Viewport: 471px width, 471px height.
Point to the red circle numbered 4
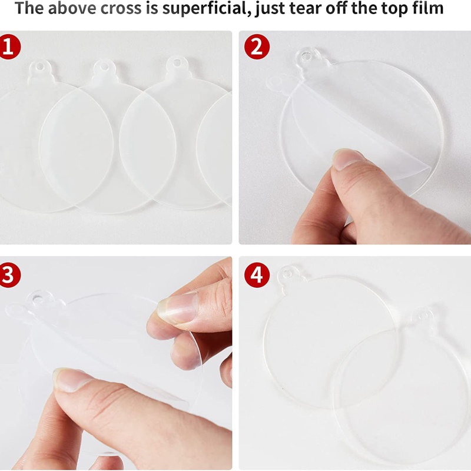pyautogui.click(x=257, y=275)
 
